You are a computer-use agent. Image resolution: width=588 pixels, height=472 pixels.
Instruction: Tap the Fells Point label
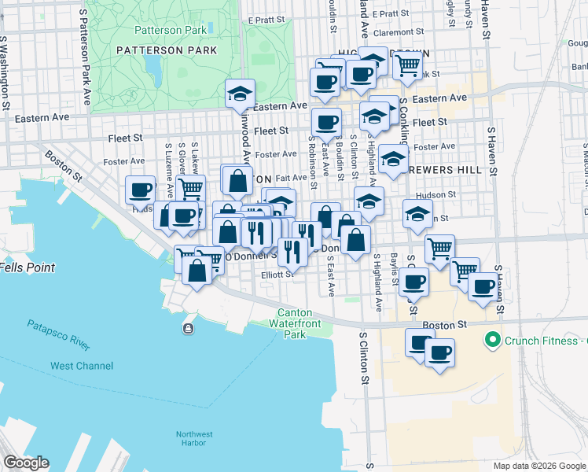(x=28, y=267)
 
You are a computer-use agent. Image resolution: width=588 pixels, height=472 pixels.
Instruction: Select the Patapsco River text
(x=58, y=334)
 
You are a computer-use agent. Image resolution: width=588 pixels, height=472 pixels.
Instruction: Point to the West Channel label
(x=82, y=366)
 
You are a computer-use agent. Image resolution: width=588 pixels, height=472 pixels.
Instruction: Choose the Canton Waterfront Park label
(x=299, y=323)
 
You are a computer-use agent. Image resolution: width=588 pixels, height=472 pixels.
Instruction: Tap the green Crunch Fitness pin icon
(x=493, y=341)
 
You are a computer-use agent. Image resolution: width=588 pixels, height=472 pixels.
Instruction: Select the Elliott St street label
(x=277, y=275)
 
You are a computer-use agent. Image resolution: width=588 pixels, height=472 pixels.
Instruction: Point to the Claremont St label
(x=404, y=33)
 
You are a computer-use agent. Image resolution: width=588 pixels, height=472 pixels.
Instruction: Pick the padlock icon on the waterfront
(x=188, y=328)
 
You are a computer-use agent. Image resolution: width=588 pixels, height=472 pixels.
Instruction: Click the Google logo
(x=26, y=463)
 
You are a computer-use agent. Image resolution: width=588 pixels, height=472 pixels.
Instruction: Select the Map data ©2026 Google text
(x=539, y=466)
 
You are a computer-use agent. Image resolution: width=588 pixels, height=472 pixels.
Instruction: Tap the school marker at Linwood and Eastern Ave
(x=240, y=94)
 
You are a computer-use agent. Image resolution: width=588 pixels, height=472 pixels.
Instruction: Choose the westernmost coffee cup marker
(x=141, y=190)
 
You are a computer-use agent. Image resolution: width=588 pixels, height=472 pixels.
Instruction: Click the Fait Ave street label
(x=291, y=179)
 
